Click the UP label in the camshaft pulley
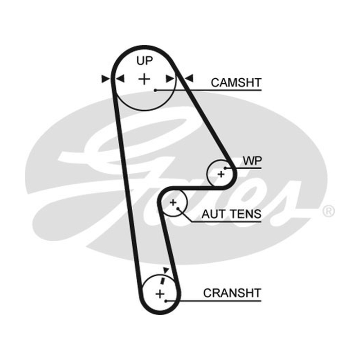[144, 61]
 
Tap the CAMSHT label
[236, 83]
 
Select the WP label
[252, 161]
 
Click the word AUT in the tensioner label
[211, 214]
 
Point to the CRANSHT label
[232, 293]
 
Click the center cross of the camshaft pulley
[144, 79]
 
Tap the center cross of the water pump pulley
[221, 175]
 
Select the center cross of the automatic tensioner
[173, 202]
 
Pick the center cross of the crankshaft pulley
[160, 294]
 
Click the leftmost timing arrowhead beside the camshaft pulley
[105, 79]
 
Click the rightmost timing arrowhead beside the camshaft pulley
[189, 78]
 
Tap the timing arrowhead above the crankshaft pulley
[166, 270]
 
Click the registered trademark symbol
[328, 211]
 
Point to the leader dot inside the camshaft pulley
[155, 90]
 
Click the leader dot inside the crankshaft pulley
[166, 301]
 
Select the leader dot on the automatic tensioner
[178, 208]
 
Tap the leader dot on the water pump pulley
[225, 168]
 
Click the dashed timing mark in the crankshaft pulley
[162, 280]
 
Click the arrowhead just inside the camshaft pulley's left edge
[120, 79]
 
